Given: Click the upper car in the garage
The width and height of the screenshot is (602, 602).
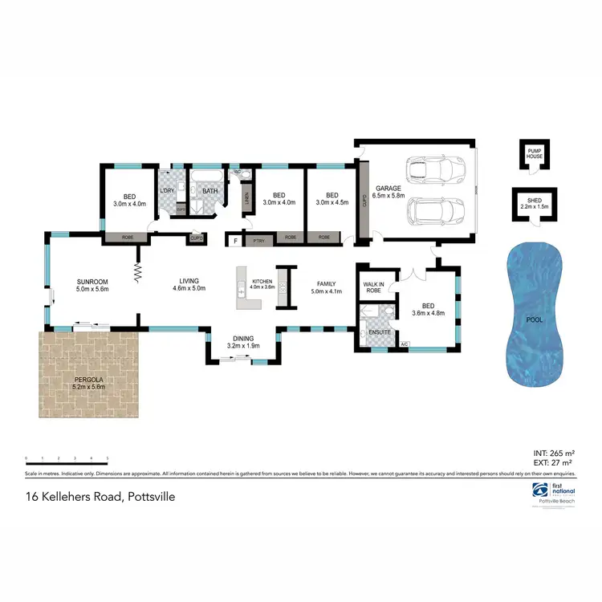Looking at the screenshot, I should [433, 169].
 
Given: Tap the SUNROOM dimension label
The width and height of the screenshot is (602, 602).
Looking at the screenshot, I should [92, 285].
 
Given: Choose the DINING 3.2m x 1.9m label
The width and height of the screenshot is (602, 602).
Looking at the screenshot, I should [244, 343].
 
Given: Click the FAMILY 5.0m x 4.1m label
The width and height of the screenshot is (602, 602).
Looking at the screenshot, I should [327, 287].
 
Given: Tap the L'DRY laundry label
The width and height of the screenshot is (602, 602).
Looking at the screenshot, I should [169, 190].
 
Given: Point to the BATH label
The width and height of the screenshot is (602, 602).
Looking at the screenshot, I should [209, 191].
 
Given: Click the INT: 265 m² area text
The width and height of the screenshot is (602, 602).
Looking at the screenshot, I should [553, 454].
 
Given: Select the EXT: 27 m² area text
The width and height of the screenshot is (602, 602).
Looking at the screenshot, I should [553, 463].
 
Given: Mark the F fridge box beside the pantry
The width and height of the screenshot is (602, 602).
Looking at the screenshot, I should [235, 239].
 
